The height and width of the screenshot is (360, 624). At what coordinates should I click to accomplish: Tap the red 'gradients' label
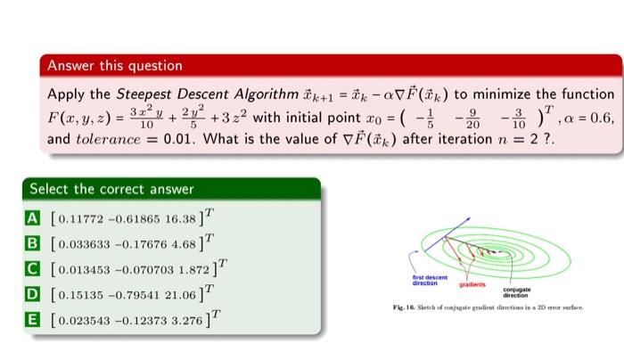click(472, 286)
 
